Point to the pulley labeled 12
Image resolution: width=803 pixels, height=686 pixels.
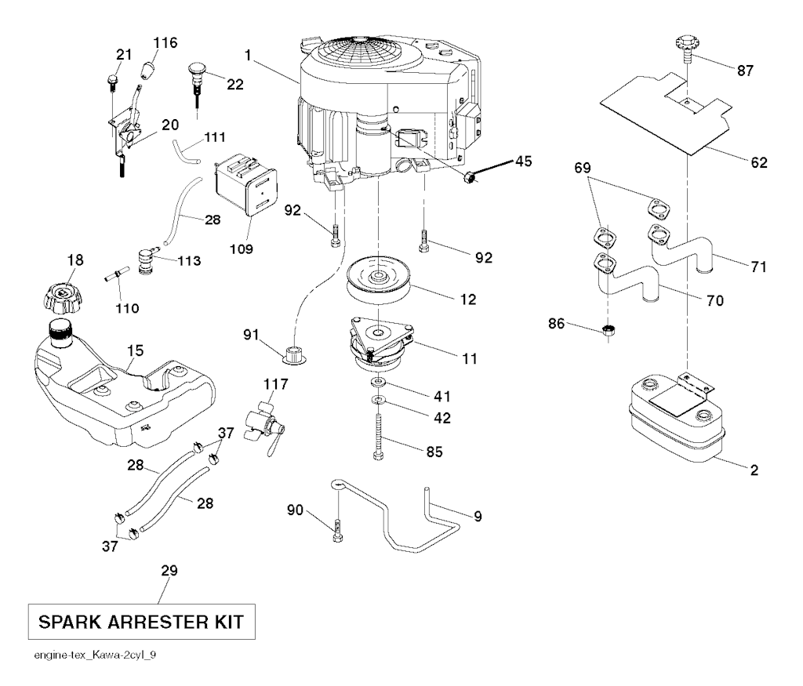(x=379, y=284)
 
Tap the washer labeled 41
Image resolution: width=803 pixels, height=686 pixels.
(x=380, y=382)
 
